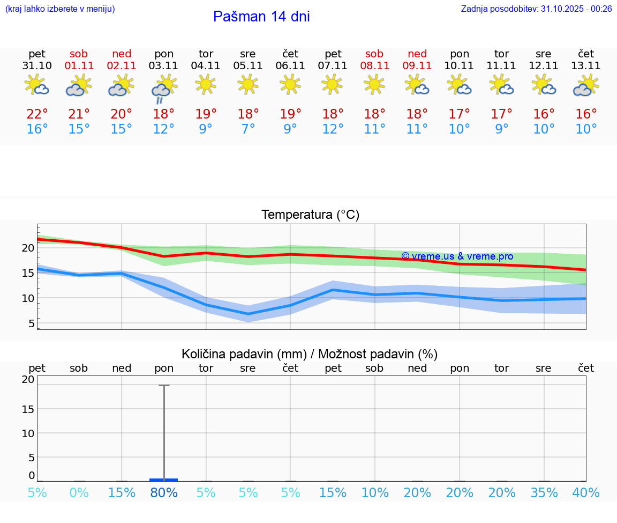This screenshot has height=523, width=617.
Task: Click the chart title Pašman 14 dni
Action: point(261,17)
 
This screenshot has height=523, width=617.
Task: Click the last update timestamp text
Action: point(536,9)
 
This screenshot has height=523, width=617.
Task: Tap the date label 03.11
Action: point(164,66)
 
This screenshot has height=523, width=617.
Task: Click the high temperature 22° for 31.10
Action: point(37,114)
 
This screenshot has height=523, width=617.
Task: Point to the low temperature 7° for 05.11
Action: point(248,129)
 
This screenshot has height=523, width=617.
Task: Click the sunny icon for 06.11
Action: point(290,84)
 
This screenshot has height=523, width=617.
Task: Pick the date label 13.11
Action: point(586,66)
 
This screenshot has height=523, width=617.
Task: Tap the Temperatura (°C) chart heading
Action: point(310,215)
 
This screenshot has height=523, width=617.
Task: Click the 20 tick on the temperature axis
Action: point(28,248)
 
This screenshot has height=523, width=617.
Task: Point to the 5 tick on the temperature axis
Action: point(31,323)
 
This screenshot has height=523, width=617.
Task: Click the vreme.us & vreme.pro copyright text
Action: point(457,256)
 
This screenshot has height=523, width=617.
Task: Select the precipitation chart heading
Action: point(310,354)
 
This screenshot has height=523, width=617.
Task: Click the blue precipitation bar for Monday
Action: point(164,480)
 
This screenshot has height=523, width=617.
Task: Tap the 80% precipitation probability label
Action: point(164,493)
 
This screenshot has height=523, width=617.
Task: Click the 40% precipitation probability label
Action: point(586,493)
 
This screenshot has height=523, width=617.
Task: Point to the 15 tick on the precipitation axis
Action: point(27,409)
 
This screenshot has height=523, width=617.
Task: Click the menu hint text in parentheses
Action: point(60,9)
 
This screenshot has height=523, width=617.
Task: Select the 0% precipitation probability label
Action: point(79,493)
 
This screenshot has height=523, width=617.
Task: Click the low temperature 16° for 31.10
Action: point(37,129)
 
